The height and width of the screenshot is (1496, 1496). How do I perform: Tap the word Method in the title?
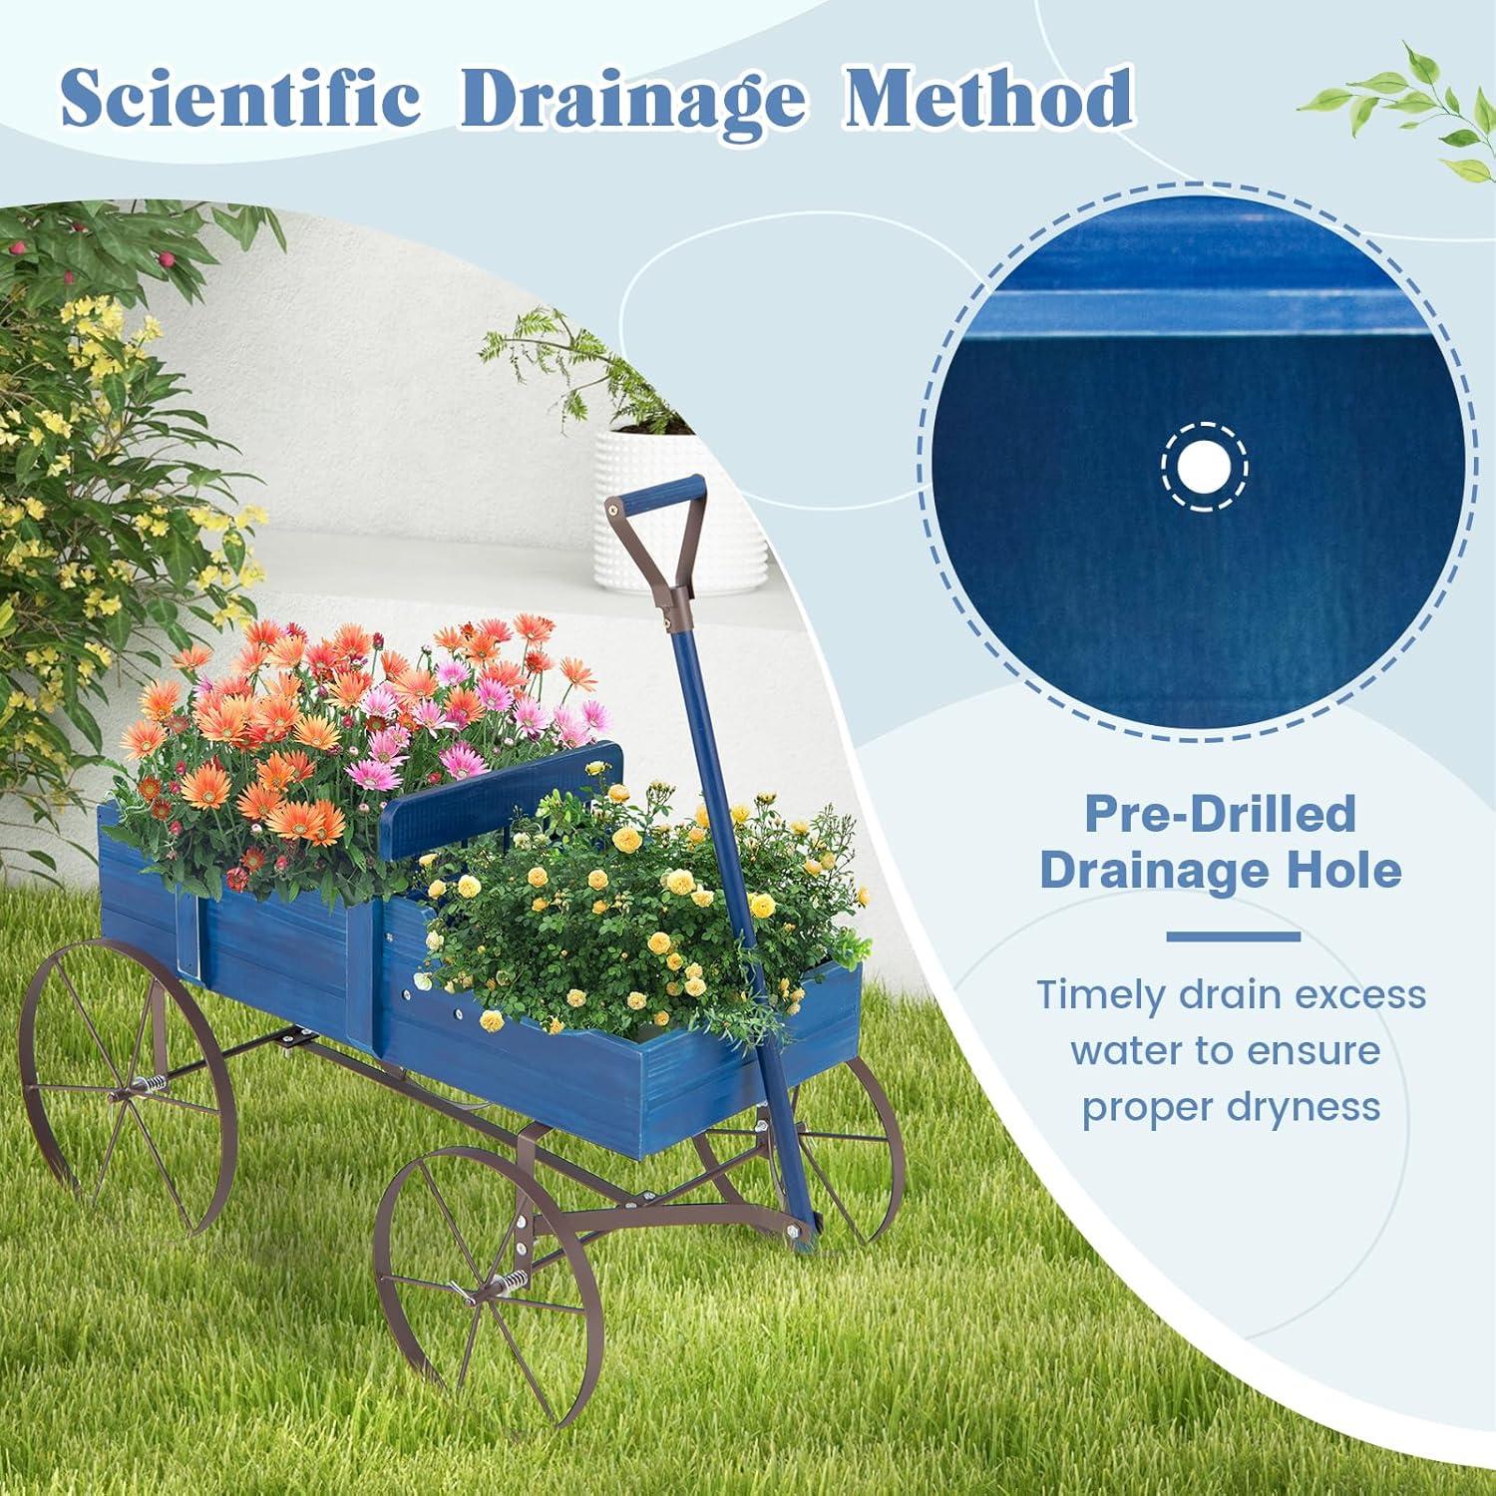pyautogui.click(x=989, y=101)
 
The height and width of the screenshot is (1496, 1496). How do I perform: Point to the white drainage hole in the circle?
pyautogui.click(x=1205, y=466)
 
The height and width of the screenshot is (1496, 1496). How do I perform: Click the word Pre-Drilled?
pyautogui.click(x=1220, y=814)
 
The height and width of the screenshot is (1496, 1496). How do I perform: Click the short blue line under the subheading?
pyautogui.click(x=1233, y=936)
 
